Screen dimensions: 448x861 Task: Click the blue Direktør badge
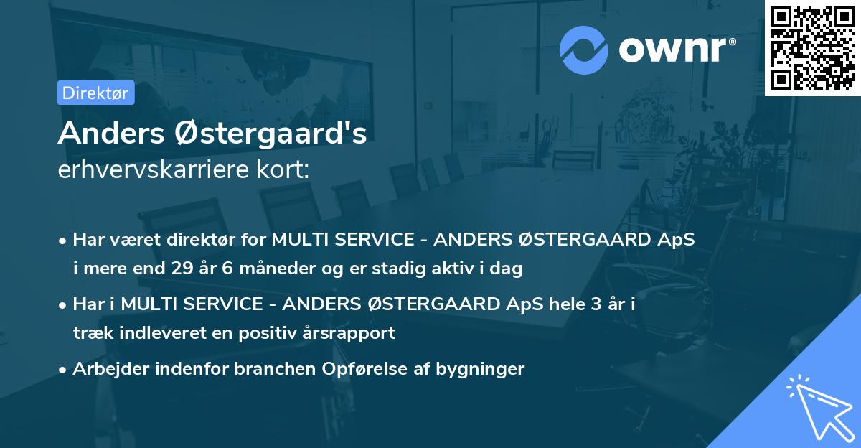click(x=95, y=93)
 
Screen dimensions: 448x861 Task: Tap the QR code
click(x=812, y=48)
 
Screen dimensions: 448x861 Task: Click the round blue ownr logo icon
click(x=583, y=50)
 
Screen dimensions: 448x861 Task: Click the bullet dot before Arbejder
click(x=64, y=370)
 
